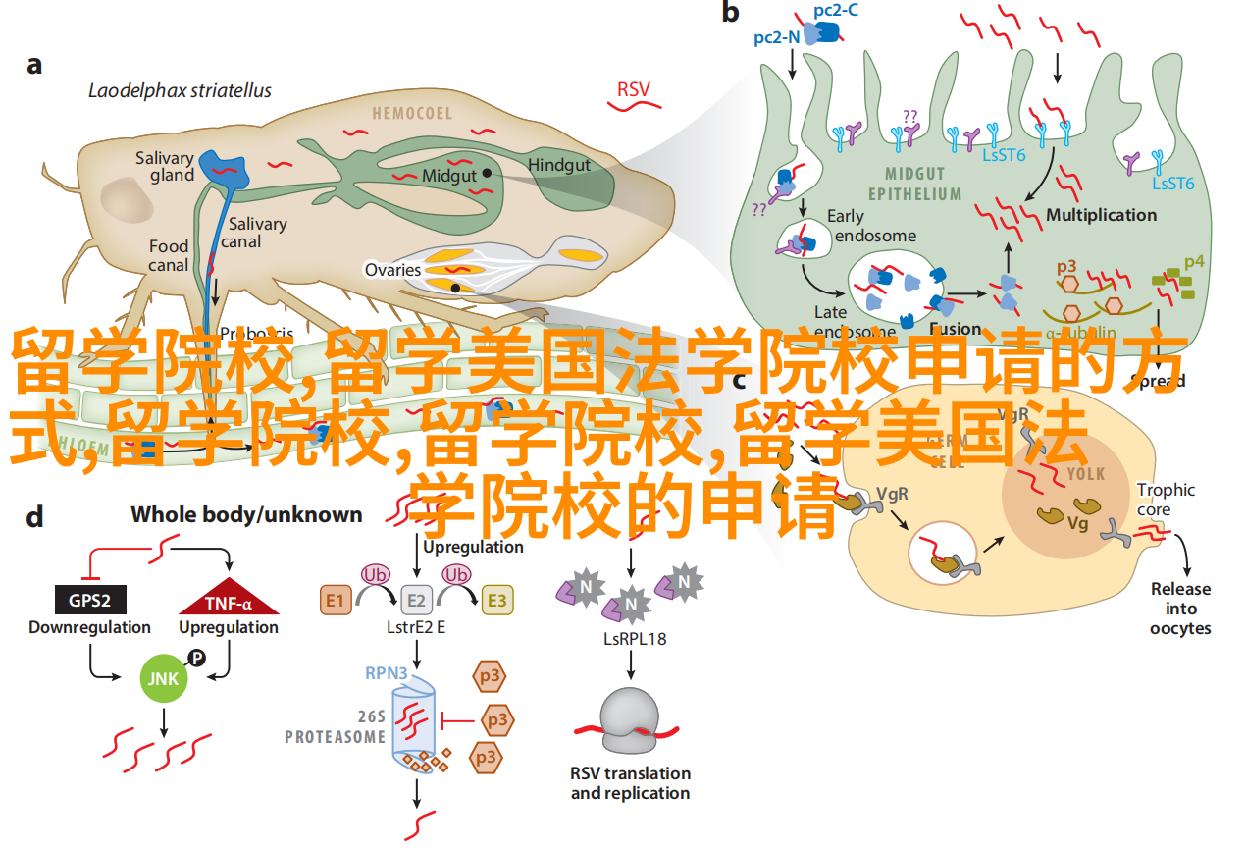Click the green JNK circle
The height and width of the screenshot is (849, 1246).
coord(162,678)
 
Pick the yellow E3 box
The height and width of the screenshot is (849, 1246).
coord(497,601)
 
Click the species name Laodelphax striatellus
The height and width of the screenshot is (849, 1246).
coord(180,91)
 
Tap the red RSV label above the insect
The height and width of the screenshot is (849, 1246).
coord(633,90)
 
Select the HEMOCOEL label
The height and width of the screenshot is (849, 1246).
coord(412,114)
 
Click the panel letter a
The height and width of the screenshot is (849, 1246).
coord(34,65)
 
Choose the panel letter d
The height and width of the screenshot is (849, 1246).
coord(34,516)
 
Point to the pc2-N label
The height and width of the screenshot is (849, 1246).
coord(775,37)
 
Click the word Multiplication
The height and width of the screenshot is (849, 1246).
coord(1101,215)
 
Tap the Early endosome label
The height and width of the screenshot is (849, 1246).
coord(870,226)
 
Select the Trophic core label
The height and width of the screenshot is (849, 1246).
coord(1166,500)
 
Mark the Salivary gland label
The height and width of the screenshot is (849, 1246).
coord(164,166)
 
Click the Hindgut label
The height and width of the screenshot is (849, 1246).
coord(559,165)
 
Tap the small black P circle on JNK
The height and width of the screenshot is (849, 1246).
coord(196,660)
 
